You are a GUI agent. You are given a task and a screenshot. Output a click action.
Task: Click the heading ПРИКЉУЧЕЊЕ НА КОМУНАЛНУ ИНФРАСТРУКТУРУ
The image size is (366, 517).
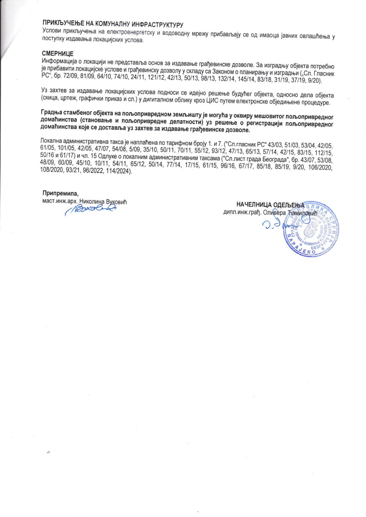[113, 22]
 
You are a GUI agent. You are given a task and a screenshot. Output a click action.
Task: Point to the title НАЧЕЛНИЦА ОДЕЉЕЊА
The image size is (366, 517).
[270, 206]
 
